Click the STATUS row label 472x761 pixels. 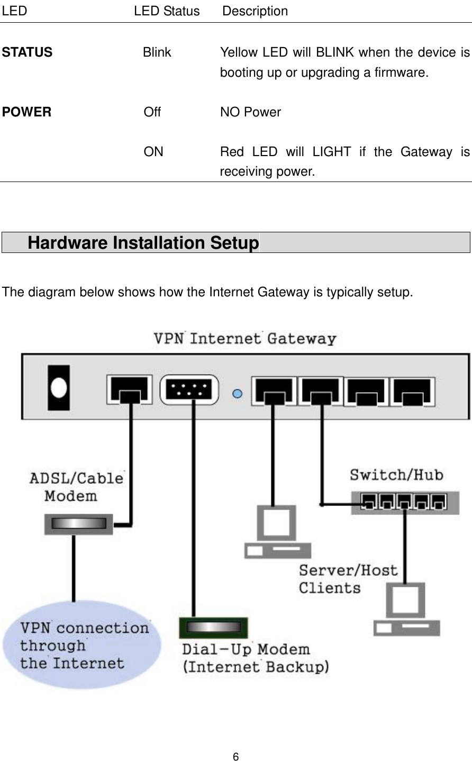tap(28, 52)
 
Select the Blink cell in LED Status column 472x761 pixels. tap(157, 52)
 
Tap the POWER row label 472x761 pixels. tap(27, 112)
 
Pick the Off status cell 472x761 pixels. tap(152, 112)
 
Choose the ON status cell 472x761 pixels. tap(153, 152)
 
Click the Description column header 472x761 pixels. tap(255, 11)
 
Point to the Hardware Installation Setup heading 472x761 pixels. tap(143, 243)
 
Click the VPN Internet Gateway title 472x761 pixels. tap(244, 338)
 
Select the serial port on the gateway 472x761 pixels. tap(188, 391)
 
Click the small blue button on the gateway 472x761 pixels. tap(238, 393)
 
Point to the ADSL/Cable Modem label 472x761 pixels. tap(76, 487)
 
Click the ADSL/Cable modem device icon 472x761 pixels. tap(78, 523)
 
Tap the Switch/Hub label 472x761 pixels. tap(396, 474)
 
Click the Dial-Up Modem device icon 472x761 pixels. tap(214, 628)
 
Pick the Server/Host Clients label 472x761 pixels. tap(348, 579)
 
